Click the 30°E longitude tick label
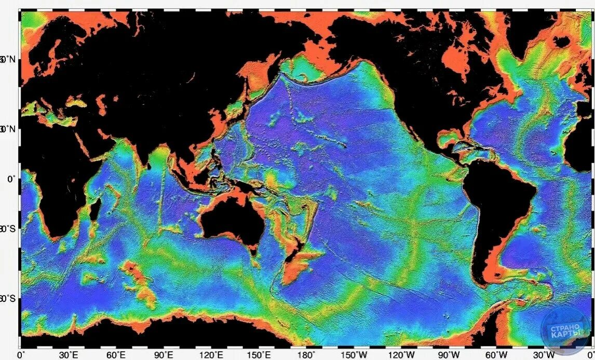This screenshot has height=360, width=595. point(67,355)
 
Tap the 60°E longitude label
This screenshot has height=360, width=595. point(115,355)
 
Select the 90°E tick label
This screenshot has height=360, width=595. point(163,355)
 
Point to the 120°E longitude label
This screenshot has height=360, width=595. point(211,355)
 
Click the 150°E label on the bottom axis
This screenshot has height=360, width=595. point(259,355)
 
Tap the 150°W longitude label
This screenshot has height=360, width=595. point(355,355)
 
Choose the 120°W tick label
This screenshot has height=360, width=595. point(403,355)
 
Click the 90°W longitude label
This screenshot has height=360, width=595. point(450,355)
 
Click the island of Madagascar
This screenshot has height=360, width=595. point(95,210)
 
